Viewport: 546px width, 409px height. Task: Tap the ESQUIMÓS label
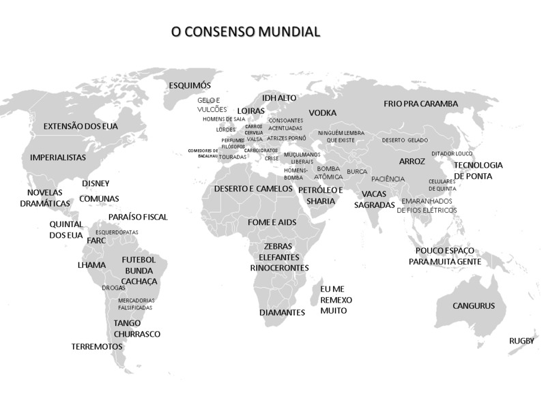pyautogui.click(x=190, y=86)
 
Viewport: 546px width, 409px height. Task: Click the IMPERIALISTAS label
pyautogui.click(x=58, y=157)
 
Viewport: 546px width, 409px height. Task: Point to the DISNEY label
pyautogui.click(x=96, y=183)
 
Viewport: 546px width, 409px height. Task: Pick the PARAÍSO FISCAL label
pyautogui.click(x=138, y=217)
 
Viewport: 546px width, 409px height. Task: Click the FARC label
pyautogui.click(x=96, y=241)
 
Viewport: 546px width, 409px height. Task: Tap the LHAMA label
pyautogui.click(x=91, y=264)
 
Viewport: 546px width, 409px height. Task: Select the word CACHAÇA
pyautogui.click(x=139, y=281)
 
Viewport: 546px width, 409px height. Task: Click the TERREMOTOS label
pyautogui.click(x=97, y=346)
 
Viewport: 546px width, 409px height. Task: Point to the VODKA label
pyautogui.click(x=322, y=112)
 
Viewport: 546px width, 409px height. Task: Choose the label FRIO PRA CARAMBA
pyautogui.click(x=420, y=104)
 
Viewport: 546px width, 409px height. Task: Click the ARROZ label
pyautogui.click(x=412, y=162)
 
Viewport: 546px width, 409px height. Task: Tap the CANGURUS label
pyautogui.click(x=474, y=306)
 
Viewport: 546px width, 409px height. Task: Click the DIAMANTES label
pyautogui.click(x=282, y=313)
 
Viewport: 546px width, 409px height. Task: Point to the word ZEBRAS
pyautogui.click(x=277, y=246)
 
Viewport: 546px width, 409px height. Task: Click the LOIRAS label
pyautogui.click(x=250, y=110)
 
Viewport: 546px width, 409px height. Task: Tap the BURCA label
pyautogui.click(x=357, y=172)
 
